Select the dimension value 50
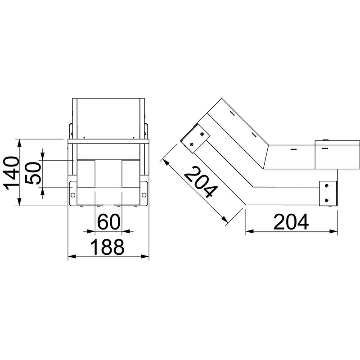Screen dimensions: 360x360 [x=33, y=173]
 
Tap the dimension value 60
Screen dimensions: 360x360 [x=109, y=222]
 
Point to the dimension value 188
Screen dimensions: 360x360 [x=107, y=247]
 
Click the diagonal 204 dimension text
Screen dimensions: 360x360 [x=201, y=182]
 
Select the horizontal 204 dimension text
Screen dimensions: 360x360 [x=291, y=222]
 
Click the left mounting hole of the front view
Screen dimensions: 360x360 [x=73, y=195]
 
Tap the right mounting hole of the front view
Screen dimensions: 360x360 [x=144, y=195]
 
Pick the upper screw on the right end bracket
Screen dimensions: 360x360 [x=327, y=185]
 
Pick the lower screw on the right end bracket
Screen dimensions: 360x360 [x=327, y=200]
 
